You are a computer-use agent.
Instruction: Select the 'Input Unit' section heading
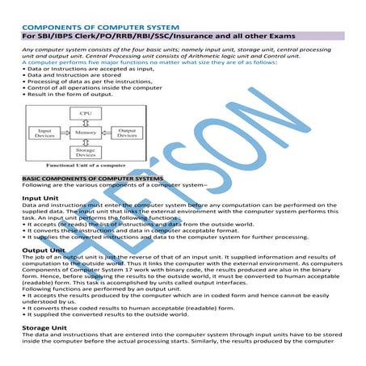tap(40, 198)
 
